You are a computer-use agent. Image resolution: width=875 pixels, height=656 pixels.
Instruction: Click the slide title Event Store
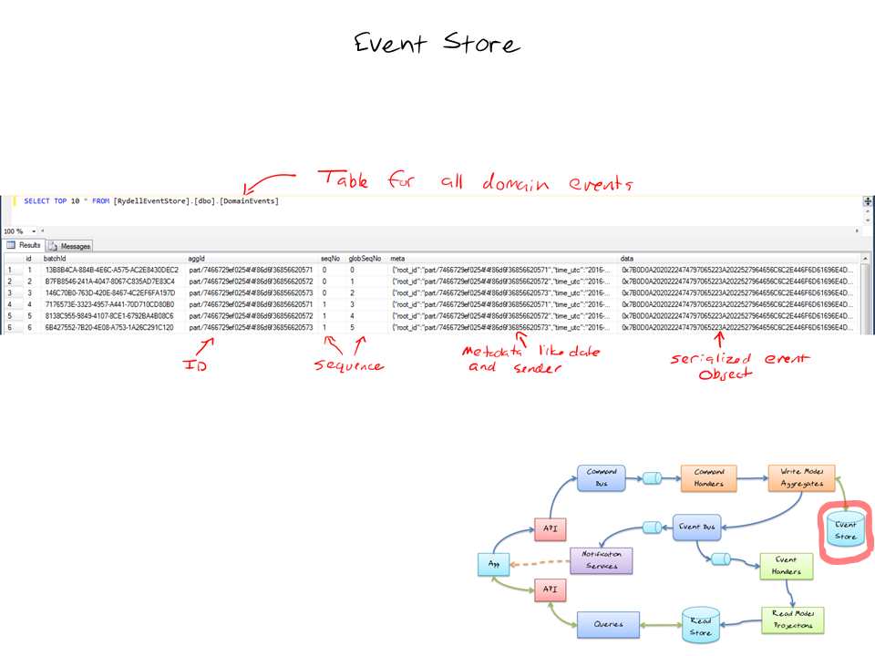pos(437,44)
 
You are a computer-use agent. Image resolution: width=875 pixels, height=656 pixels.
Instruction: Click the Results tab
pos(25,246)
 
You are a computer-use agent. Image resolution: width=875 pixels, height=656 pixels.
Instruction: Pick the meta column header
pos(398,259)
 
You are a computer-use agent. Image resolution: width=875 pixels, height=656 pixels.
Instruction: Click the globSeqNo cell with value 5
pos(352,327)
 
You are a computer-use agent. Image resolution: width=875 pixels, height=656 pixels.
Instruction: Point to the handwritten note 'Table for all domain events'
pos(474,180)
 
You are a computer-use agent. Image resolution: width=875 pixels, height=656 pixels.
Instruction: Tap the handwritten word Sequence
pos(350,366)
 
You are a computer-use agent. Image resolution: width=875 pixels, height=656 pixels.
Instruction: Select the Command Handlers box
pos(709,477)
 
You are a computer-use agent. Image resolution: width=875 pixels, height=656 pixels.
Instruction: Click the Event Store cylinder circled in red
pos(845,530)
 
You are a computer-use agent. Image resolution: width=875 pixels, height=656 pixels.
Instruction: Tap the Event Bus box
pos(699,528)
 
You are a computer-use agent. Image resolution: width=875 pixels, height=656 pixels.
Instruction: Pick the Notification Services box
pos(600,559)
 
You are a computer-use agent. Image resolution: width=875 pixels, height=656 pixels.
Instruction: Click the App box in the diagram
pos(492,564)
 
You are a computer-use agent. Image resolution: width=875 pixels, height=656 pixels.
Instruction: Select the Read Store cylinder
pos(700,626)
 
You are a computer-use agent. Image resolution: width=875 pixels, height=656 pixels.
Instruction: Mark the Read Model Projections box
pos(792,620)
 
